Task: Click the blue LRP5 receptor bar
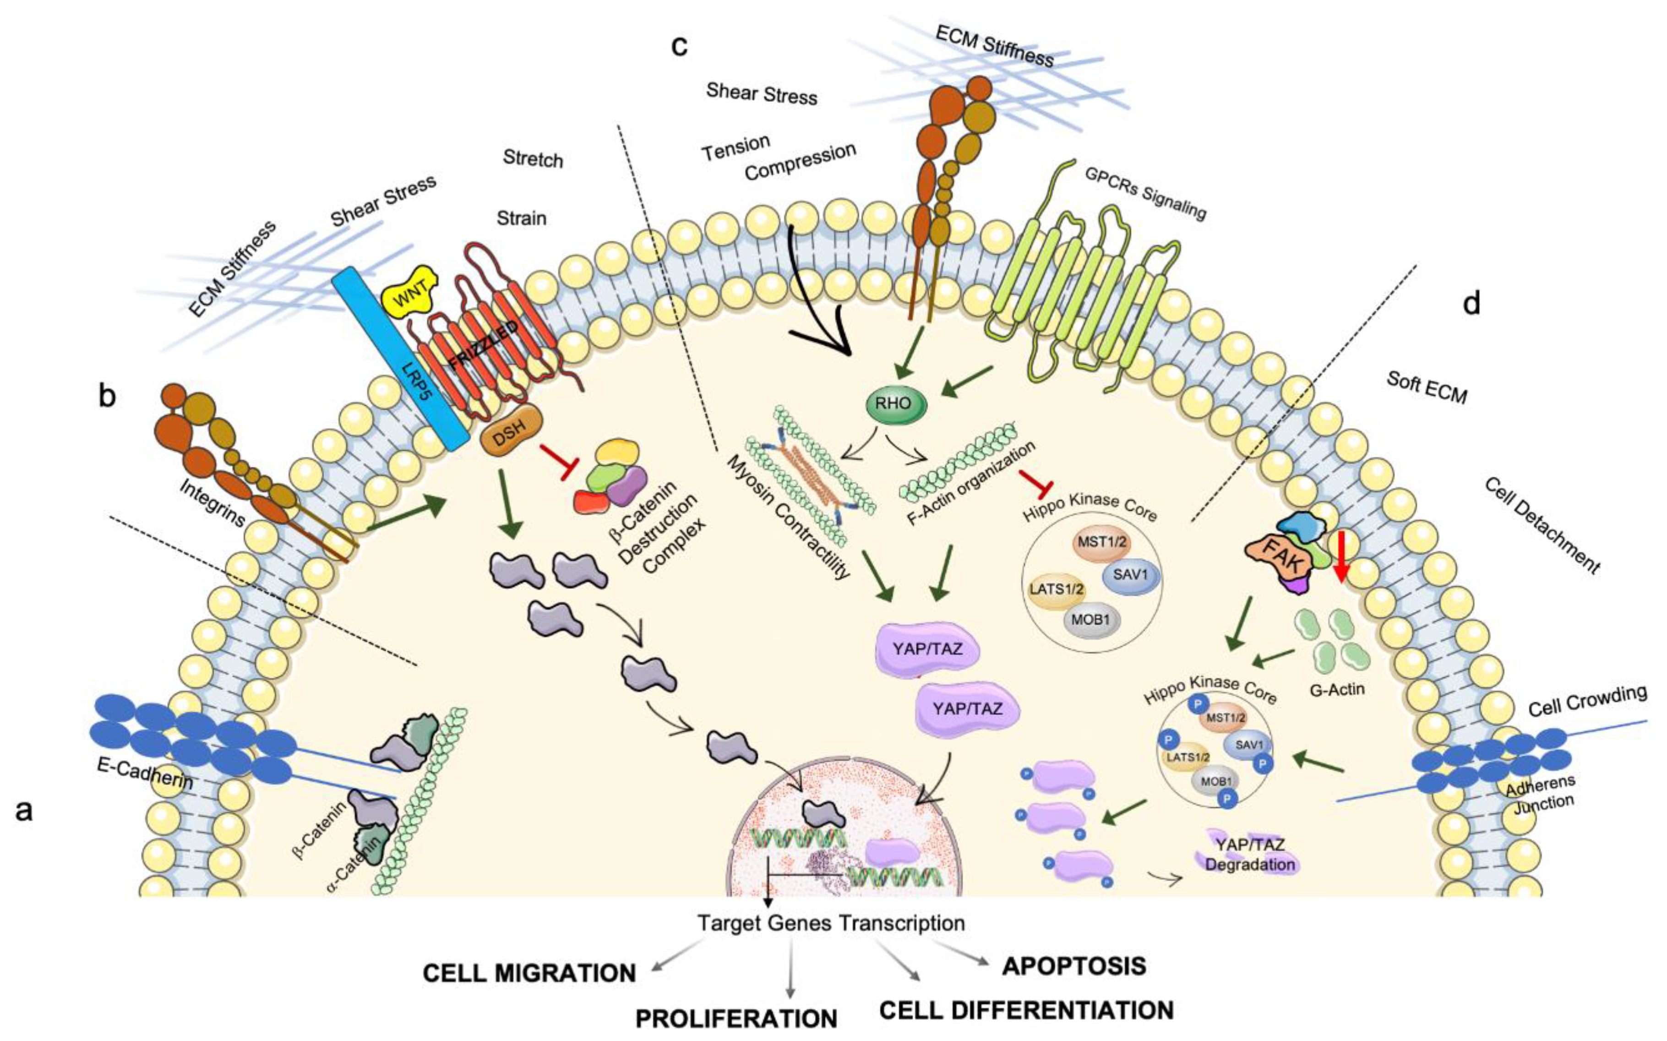pos(401,358)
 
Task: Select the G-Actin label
pos(1337,688)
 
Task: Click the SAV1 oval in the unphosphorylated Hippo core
pos(1130,573)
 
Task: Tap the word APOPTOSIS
pos(1074,965)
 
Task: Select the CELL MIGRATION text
pos(528,973)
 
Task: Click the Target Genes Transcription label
pos(831,922)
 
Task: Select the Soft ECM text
pos(1426,387)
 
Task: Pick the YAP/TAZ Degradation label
pos(1249,855)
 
